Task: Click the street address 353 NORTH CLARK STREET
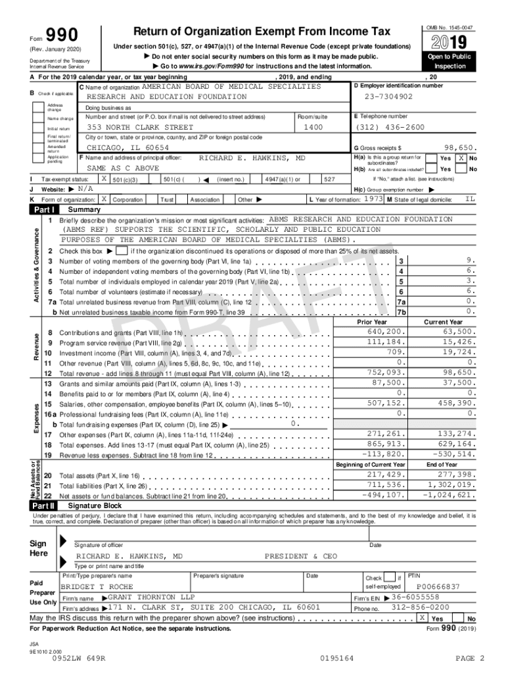click(140, 127)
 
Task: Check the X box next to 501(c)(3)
click(104, 179)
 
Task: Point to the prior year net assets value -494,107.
click(384, 495)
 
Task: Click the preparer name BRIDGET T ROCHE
click(97, 586)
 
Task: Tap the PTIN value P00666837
click(438, 586)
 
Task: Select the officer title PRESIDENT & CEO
click(300, 556)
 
